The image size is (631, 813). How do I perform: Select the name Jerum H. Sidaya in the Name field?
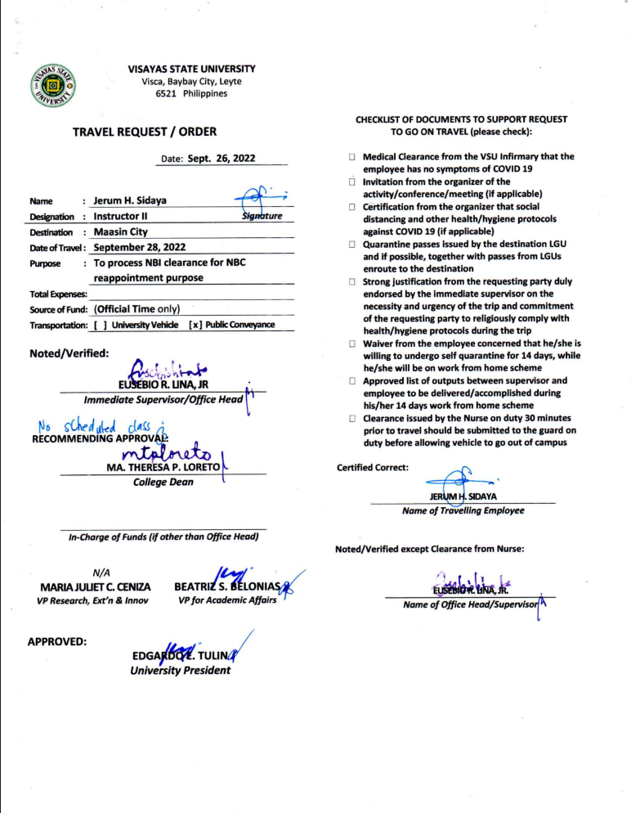pyautogui.click(x=129, y=200)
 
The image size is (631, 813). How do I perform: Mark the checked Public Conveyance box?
pyautogui.click(x=195, y=325)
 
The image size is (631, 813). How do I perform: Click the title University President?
pyautogui.click(x=180, y=671)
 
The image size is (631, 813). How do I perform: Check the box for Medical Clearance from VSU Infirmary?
pyautogui.click(x=351, y=155)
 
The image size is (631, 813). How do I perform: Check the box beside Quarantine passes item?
pyautogui.click(x=351, y=245)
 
